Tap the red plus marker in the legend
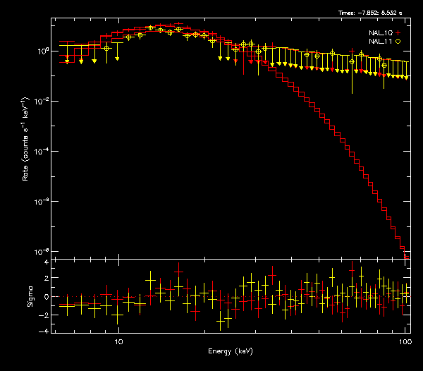398,32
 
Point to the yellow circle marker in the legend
398,42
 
